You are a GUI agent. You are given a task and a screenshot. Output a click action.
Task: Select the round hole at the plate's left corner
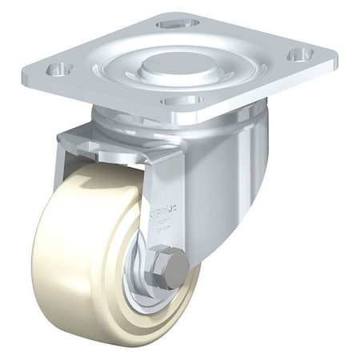click(x=57, y=68)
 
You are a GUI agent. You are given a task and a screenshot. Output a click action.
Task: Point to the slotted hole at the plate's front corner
click(x=182, y=101)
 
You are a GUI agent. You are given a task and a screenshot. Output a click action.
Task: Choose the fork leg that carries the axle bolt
click(x=160, y=200)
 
